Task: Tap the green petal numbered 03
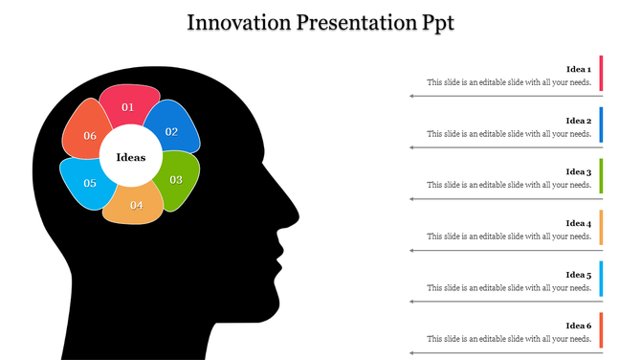pyautogui.click(x=177, y=180)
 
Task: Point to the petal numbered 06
pyautogui.click(x=88, y=134)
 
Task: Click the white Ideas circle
pyautogui.click(x=131, y=157)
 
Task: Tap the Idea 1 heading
pyautogui.click(x=578, y=70)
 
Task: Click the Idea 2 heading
pyautogui.click(x=578, y=121)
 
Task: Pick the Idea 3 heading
pyautogui.click(x=578, y=172)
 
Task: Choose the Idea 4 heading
pyautogui.click(x=578, y=223)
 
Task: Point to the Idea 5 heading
pyautogui.click(x=578, y=275)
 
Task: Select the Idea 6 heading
pyautogui.click(x=578, y=326)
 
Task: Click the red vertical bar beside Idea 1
pyautogui.click(x=601, y=73)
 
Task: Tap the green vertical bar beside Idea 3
pyautogui.click(x=601, y=176)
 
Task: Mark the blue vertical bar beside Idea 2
pyautogui.click(x=601, y=124)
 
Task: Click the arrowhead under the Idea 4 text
pyautogui.click(x=411, y=251)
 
